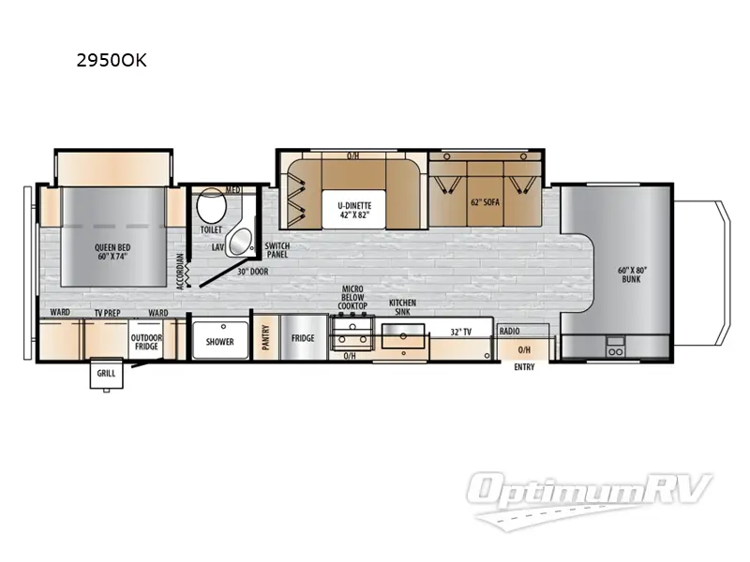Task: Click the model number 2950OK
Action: (112, 61)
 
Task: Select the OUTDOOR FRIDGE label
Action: (146, 342)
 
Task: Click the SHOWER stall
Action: (220, 341)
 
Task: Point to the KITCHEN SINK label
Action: (402, 307)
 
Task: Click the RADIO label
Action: (510, 331)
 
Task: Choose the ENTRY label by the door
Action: (524, 367)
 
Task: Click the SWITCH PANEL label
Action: (277, 249)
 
